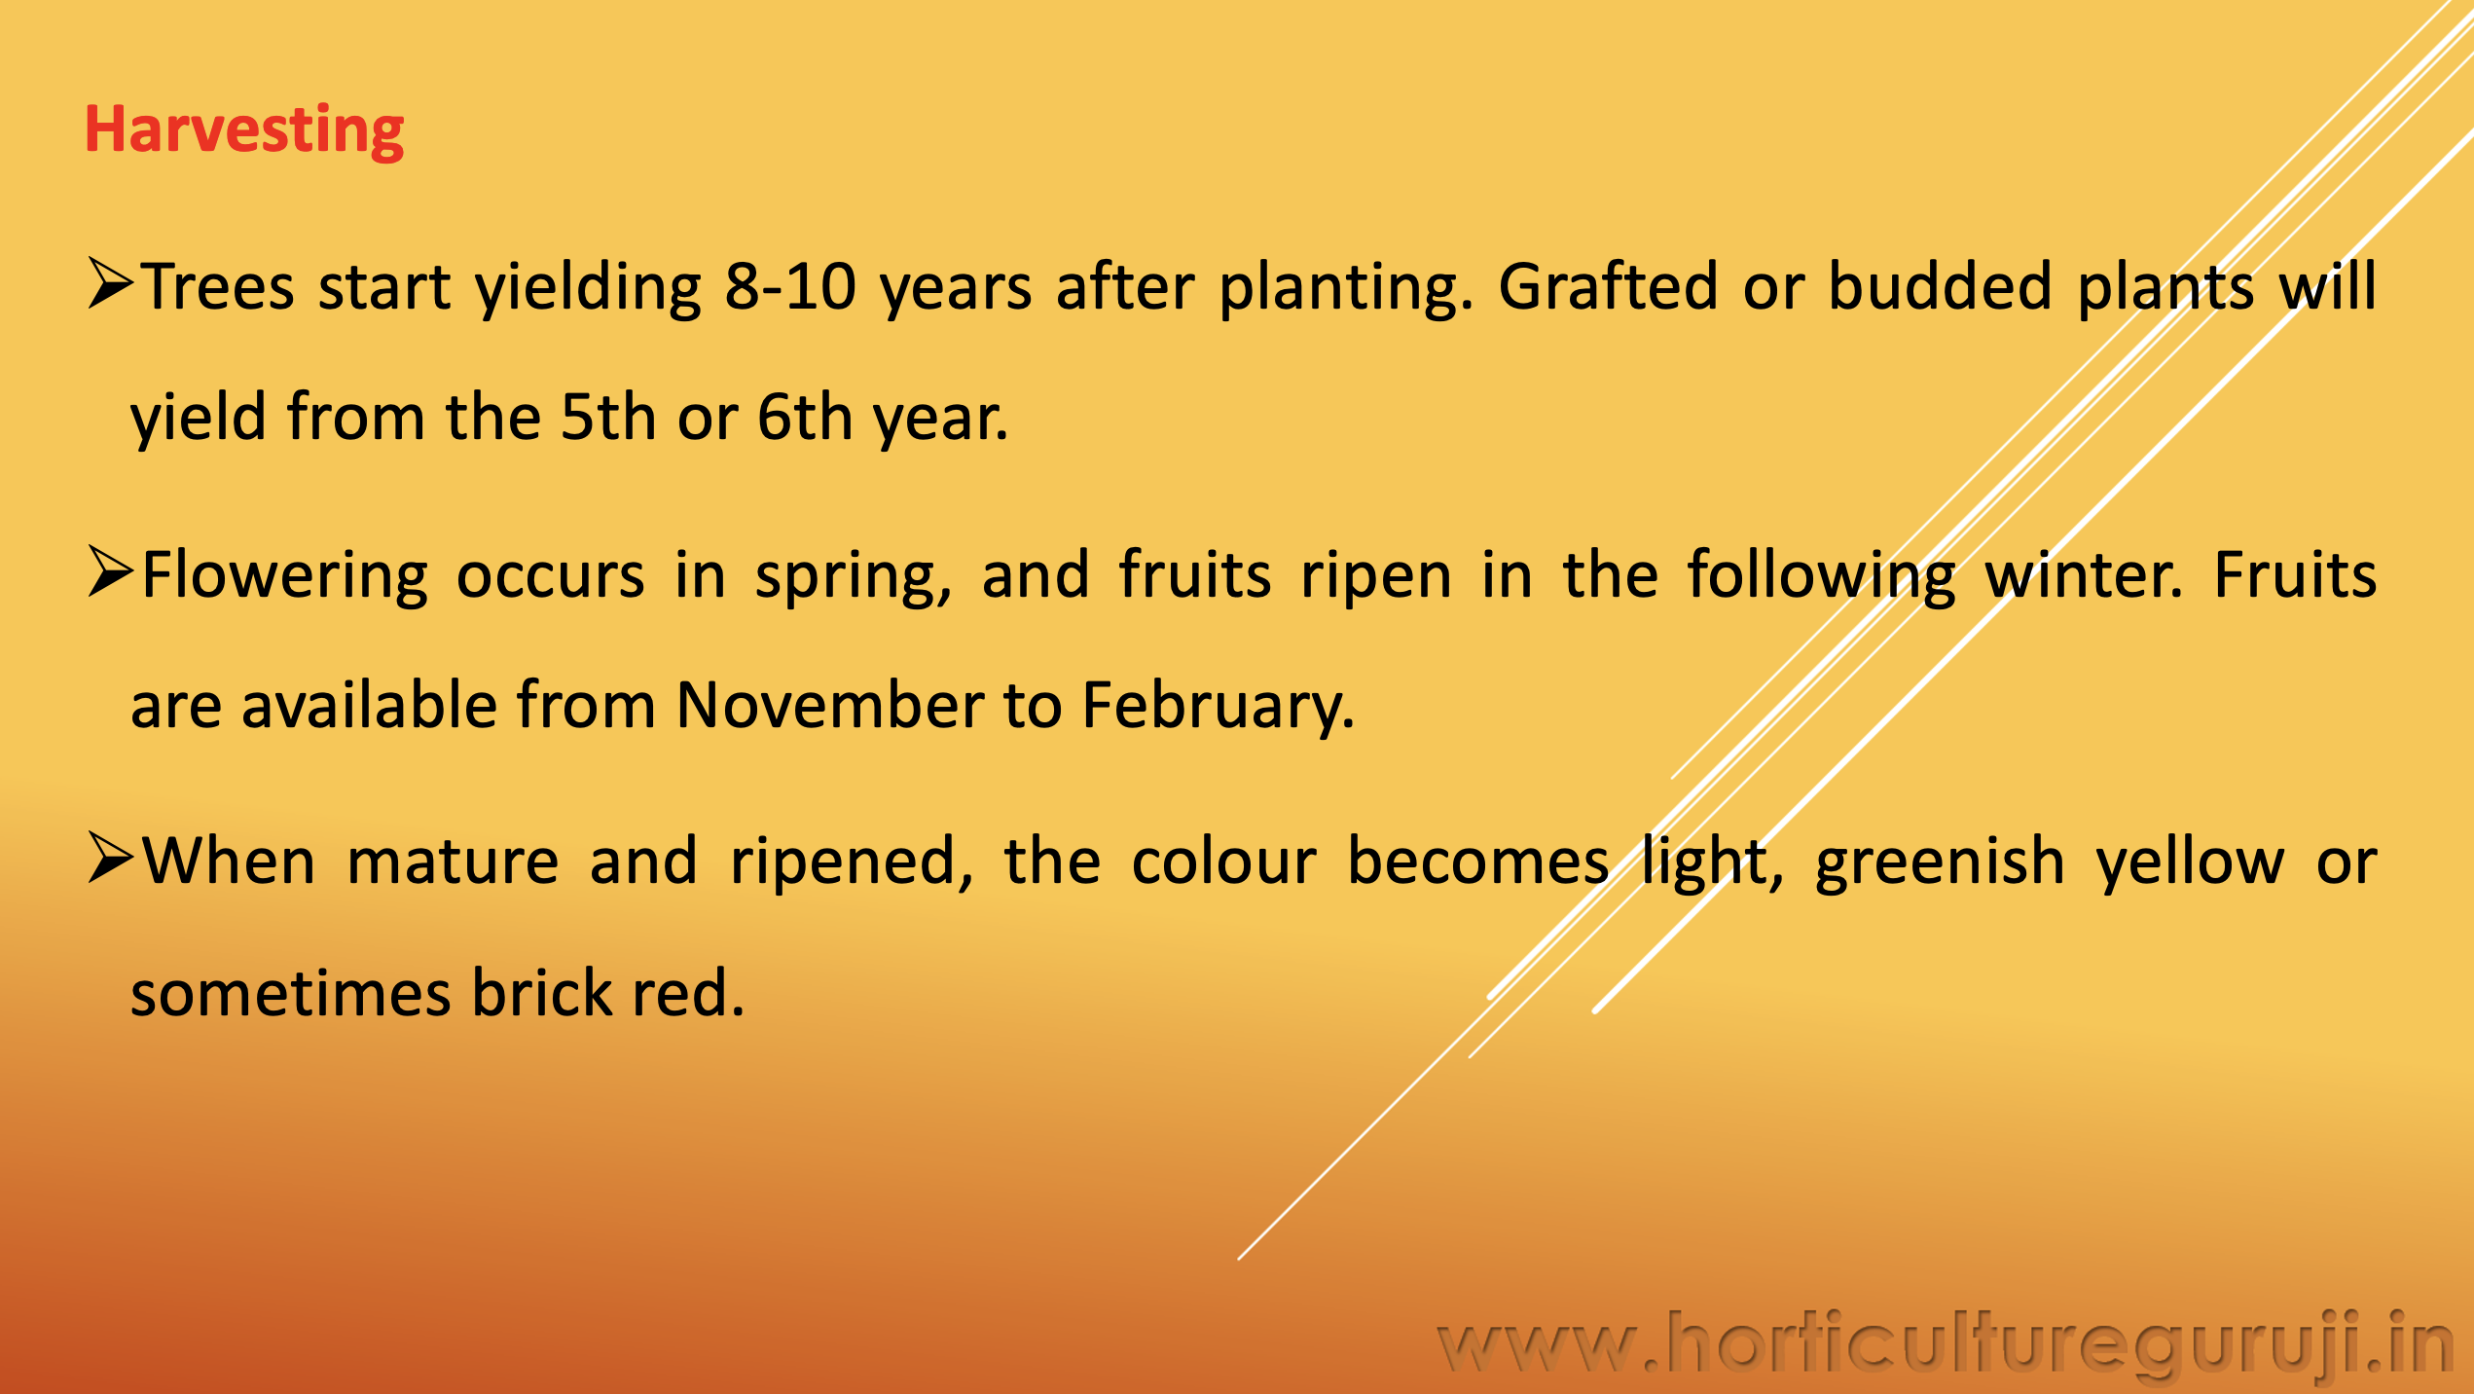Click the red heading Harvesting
(x=244, y=131)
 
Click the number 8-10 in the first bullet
(x=790, y=287)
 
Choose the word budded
(x=1941, y=285)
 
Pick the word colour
(x=1224, y=862)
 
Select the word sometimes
(x=291, y=994)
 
